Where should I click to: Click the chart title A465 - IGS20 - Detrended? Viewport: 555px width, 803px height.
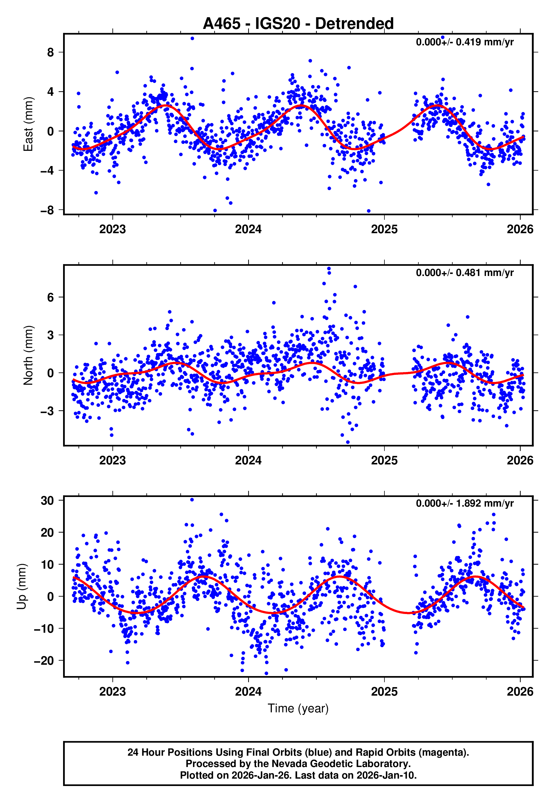(x=298, y=24)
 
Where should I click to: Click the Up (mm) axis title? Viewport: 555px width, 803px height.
(x=21, y=587)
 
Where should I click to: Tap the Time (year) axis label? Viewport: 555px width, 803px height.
(x=298, y=708)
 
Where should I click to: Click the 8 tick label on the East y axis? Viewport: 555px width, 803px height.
(x=51, y=53)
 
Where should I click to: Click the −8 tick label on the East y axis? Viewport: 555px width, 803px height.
(x=47, y=210)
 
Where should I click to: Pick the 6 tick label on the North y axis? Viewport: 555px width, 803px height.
(x=51, y=298)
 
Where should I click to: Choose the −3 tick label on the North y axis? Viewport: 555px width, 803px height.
(x=47, y=411)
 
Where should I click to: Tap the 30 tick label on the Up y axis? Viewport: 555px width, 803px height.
(x=47, y=501)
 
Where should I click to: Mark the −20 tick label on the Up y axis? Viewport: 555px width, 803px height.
(x=44, y=660)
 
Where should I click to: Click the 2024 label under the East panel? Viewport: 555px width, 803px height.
(x=248, y=230)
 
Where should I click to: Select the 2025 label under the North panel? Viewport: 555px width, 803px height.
(x=384, y=460)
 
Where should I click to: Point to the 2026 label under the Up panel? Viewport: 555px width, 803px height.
(x=520, y=691)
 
